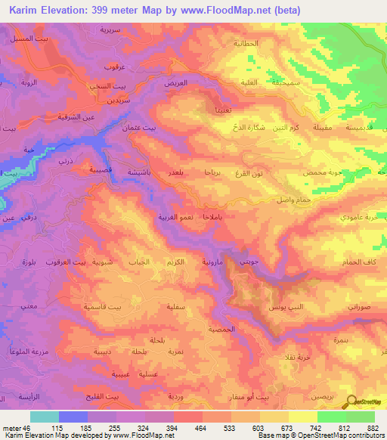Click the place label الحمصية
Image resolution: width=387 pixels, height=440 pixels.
221,330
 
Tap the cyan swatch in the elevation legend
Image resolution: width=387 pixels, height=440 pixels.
45,417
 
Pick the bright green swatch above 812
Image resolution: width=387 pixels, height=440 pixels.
332,417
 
